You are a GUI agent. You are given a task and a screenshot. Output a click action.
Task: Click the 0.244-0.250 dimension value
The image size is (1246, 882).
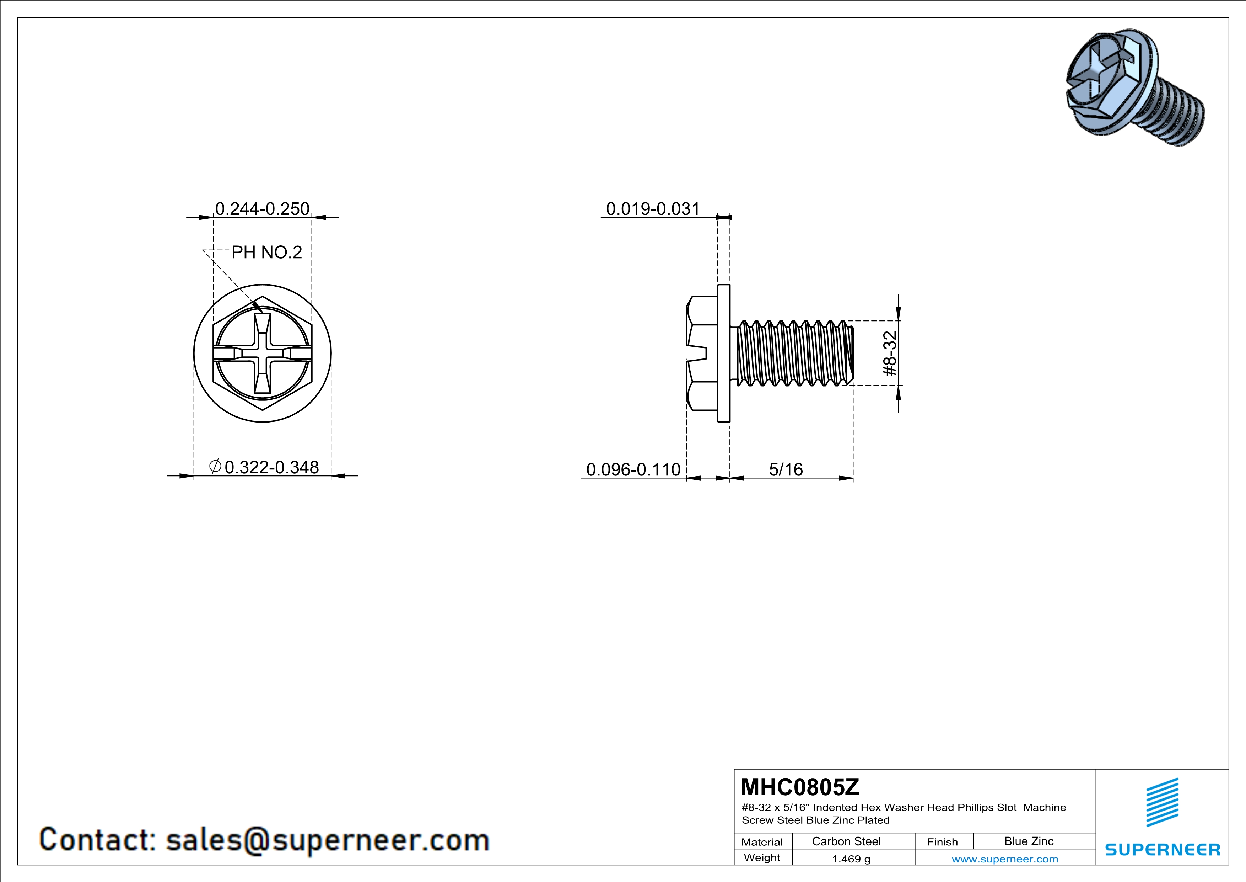pos(262,208)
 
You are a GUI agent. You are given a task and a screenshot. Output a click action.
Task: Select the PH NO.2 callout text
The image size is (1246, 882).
pos(266,252)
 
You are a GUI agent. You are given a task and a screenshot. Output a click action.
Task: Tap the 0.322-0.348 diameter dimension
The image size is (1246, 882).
pos(264,467)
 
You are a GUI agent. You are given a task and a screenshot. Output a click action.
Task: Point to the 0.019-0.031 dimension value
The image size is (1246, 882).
pos(653,208)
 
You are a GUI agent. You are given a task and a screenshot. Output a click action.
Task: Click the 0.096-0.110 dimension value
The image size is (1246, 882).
pos(633,469)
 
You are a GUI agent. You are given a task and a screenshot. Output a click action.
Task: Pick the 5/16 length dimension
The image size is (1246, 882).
pos(786,469)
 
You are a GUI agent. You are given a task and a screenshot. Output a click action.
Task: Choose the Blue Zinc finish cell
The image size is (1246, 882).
pos(1029,841)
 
